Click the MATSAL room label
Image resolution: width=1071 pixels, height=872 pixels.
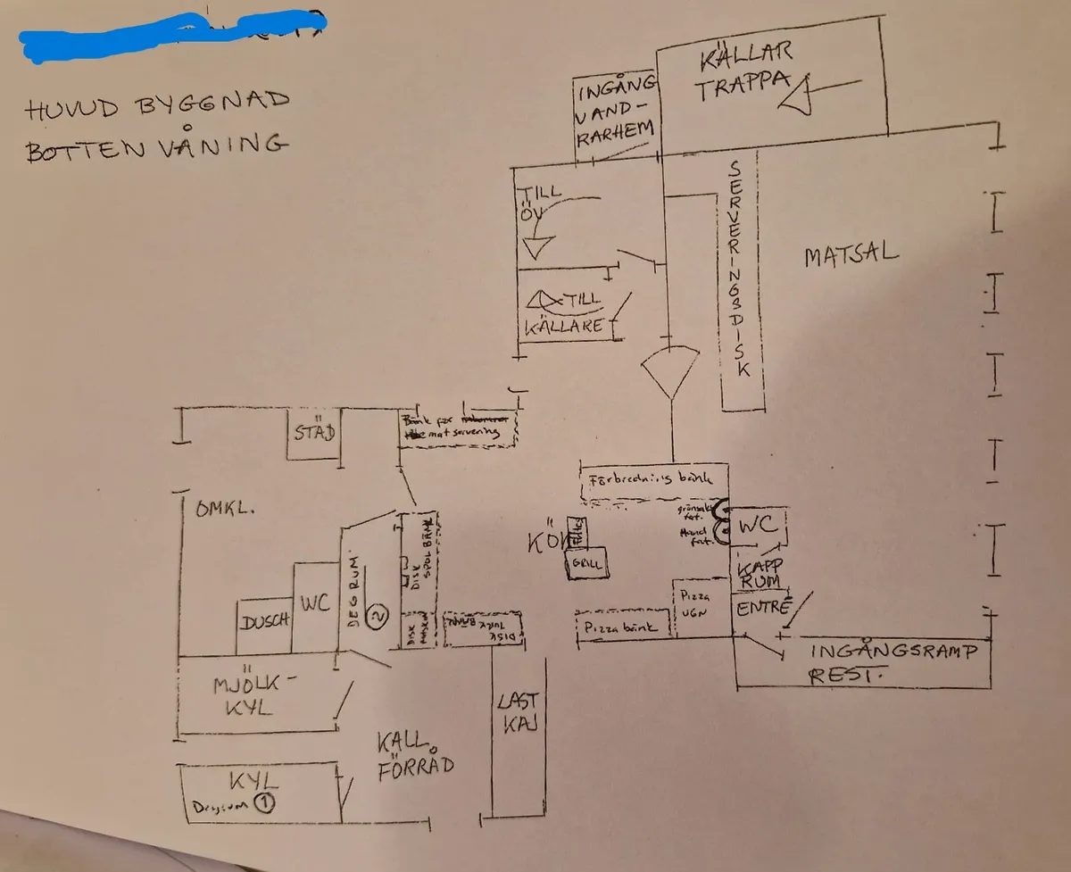point(851,255)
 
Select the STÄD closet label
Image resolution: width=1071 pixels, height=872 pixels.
point(314,434)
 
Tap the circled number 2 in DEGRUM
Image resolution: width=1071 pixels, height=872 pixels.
point(378,615)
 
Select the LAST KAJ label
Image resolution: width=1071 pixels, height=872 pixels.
point(517,713)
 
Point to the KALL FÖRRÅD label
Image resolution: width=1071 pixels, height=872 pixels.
point(413,753)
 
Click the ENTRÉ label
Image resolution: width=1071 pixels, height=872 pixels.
point(764,609)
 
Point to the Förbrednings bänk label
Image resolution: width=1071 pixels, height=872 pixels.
point(651,478)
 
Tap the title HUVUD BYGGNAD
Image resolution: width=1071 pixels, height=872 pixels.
point(158,106)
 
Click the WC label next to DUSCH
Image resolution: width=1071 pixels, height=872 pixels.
point(315,605)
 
